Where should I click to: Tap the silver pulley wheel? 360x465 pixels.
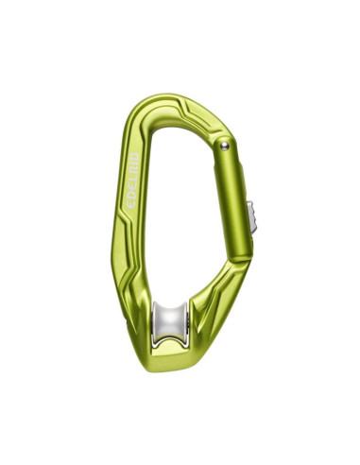coord(171,322)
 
